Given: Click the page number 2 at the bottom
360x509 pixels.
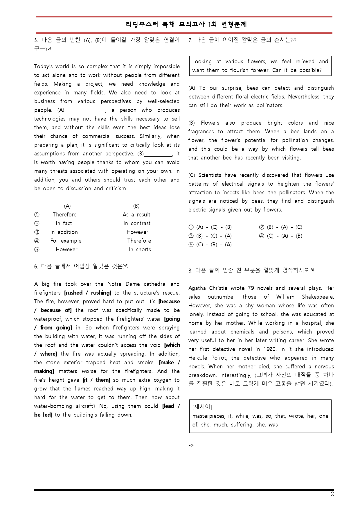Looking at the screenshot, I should click(332, 494).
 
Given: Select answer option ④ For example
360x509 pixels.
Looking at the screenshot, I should click(66, 241).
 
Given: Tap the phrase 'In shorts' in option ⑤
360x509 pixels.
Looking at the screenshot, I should click(140, 250).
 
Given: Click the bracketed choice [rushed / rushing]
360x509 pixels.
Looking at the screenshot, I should click(88, 293).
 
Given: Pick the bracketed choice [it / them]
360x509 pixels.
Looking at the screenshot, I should click(96, 380).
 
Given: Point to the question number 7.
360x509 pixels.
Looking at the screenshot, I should click(190, 40).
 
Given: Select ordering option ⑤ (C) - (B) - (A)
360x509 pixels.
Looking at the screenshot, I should click(210, 245).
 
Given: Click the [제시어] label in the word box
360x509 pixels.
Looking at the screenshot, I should click(202, 407).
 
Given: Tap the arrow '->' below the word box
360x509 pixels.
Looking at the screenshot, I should click(191, 445).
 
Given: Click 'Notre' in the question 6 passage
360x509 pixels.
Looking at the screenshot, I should click(114, 284).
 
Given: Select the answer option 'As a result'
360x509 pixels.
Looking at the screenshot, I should click(136, 215).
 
